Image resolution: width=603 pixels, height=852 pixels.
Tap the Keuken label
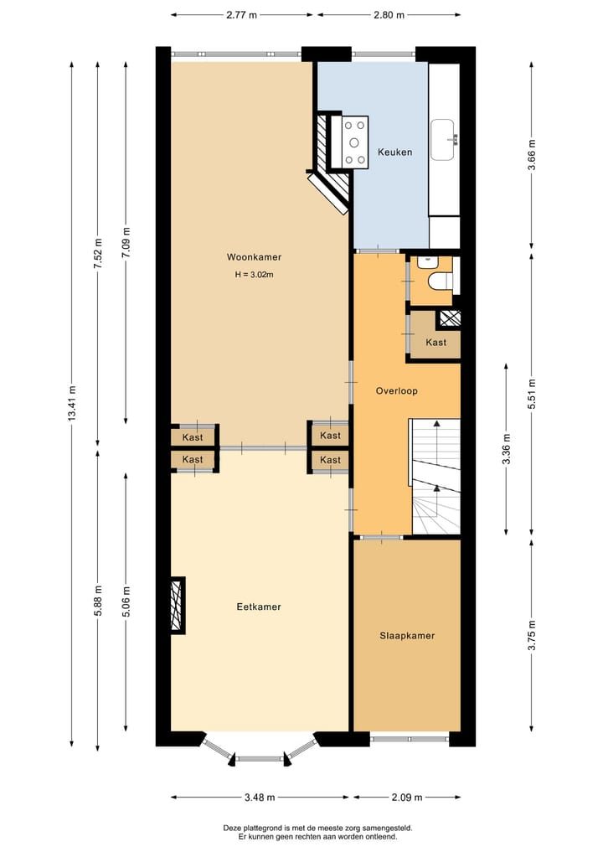tap(394, 152)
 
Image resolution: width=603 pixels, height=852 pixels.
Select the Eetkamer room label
tap(259, 607)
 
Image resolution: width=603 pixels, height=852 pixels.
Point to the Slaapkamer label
tap(407, 636)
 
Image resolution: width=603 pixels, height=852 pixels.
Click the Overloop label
tap(396, 390)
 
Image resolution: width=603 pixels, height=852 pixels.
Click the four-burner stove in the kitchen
tap(355, 140)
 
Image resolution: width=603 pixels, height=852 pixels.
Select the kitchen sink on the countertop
tap(443, 140)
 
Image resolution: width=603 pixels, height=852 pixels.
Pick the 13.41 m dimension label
tap(72, 405)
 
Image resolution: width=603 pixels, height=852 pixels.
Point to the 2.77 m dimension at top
tap(242, 15)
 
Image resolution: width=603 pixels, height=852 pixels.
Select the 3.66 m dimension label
tap(532, 155)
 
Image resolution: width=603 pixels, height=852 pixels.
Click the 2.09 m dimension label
tap(407, 798)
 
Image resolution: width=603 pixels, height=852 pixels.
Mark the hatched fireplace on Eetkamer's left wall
tap(177, 605)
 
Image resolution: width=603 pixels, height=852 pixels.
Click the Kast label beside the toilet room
tap(435, 342)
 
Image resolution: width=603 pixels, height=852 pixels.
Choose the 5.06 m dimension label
tap(126, 601)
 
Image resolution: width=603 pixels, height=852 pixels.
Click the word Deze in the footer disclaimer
tap(232, 828)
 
